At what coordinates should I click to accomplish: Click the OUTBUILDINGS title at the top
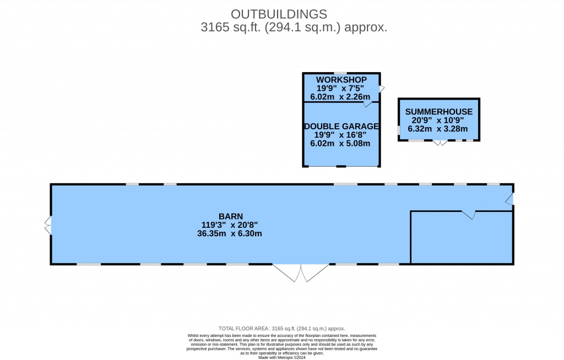tap(279, 14)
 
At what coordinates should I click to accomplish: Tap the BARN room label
tap(231, 216)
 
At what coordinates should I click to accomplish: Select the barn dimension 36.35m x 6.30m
tap(230, 233)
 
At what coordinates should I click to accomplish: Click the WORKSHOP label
tap(341, 79)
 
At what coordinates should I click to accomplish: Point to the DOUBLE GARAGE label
tap(341, 126)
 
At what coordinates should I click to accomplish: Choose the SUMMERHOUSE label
tap(439, 112)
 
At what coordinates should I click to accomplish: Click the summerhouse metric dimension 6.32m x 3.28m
tap(438, 129)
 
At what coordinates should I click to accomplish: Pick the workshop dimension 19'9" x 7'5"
tap(340, 88)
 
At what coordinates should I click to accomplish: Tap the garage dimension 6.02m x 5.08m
tap(340, 143)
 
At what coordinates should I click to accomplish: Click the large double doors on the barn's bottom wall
tap(301, 272)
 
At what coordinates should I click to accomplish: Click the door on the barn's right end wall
tap(509, 199)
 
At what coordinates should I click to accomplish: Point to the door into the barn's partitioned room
tap(469, 215)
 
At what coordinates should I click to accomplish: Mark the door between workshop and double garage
tap(367, 104)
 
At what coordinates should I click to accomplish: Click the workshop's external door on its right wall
tap(382, 89)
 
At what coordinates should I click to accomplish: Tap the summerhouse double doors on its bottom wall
tap(440, 143)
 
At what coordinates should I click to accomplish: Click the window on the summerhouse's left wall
tap(399, 130)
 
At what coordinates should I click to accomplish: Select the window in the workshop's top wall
tap(340, 73)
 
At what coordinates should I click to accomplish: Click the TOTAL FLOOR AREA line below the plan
tap(282, 329)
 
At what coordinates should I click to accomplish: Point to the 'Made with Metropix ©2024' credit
tap(282, 357)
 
